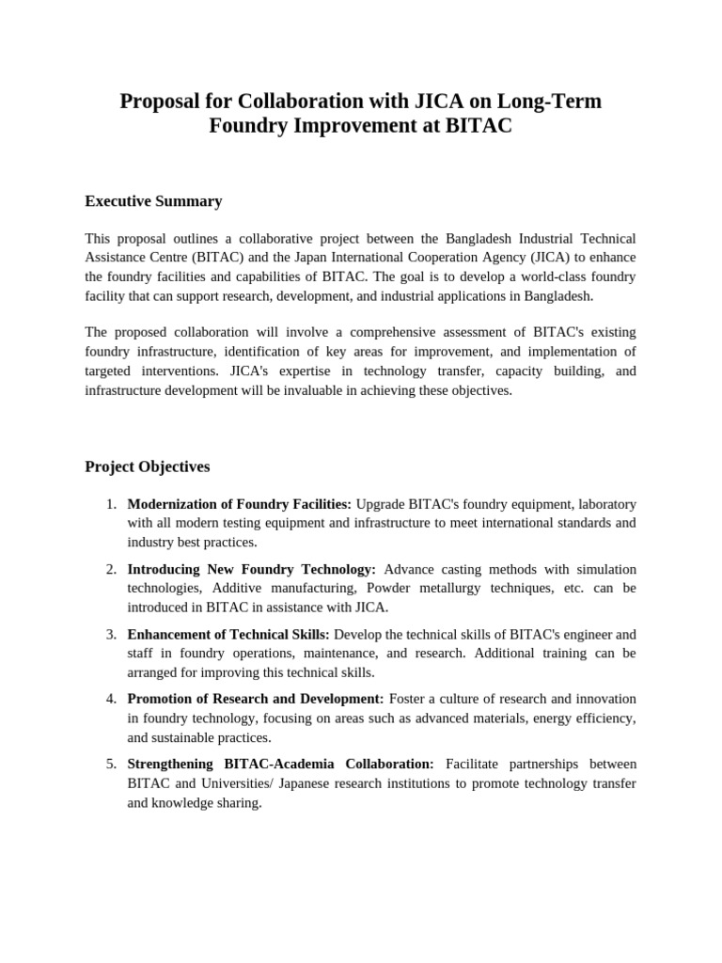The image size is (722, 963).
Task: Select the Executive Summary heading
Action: coord(153,200)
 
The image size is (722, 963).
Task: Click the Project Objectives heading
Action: coord(148,466)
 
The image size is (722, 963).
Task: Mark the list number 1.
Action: coord(110,504)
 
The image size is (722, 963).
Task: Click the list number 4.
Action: coord(110,699)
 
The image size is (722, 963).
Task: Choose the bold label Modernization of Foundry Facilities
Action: coord(239,504)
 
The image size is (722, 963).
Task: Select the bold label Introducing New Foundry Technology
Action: coord(251,569)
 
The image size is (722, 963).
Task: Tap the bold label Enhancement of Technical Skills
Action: coord(228,634)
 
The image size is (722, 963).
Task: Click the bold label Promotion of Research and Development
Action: coord(255,699)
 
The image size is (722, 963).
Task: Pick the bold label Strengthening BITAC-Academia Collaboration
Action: coord(280,764)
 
